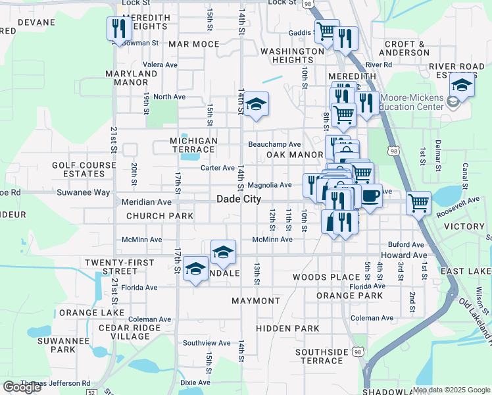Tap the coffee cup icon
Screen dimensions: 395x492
click(370, 196)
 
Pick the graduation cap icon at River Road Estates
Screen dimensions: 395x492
click(462, 85)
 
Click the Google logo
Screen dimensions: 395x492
click(22, 387)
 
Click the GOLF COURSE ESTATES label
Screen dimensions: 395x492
click(79, 169)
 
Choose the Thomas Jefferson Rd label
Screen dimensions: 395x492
click(55, 382)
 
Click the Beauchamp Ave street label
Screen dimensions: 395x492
click(274, 144)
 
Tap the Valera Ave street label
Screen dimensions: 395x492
click(160, 65)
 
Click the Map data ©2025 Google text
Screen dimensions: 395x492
click(451, 390)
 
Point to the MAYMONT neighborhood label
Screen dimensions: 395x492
click(256, 301)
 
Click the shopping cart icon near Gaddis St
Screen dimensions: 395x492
click(326, 31)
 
